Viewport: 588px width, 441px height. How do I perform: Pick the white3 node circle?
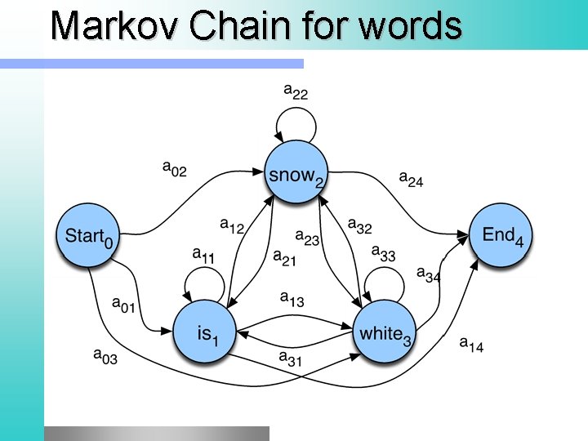pyautogui.click(x=385, y=332)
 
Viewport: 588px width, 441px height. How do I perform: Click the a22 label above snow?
pyautogui.click(x=296, y=91)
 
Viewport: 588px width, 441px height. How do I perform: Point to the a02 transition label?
pyautogui.click(x=175, y=169)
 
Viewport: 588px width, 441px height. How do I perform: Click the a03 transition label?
pyautogui.click(x=105, y=355)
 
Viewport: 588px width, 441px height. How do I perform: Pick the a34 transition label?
pyautogui.click(x=429, y=276)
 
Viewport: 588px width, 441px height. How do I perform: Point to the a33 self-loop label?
pyautogui.click(x=383, y=253)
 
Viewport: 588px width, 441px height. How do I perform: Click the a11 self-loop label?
pyautogui.click(x=203, y=255)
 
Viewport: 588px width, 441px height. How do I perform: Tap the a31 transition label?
pyautogui.click(x=291, y=358)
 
